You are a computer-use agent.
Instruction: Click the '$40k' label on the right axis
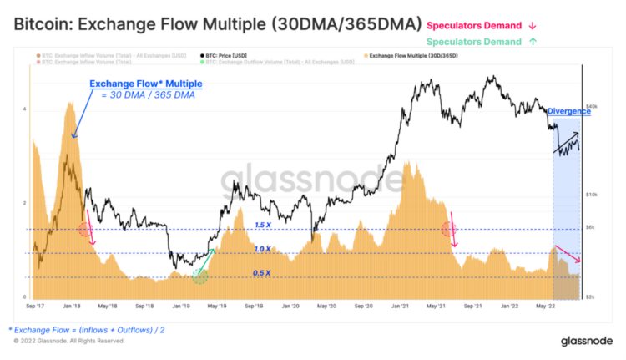click(593, 106)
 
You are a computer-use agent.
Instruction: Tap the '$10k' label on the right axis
click(593, 194)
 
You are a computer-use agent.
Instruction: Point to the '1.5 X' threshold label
click(264, 225)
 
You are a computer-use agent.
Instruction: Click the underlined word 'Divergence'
click(568, 110)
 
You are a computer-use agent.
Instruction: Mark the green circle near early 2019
click(199, 276)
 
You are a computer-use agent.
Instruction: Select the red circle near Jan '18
click(85, 230)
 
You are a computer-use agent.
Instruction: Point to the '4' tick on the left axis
click(24, 109)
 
